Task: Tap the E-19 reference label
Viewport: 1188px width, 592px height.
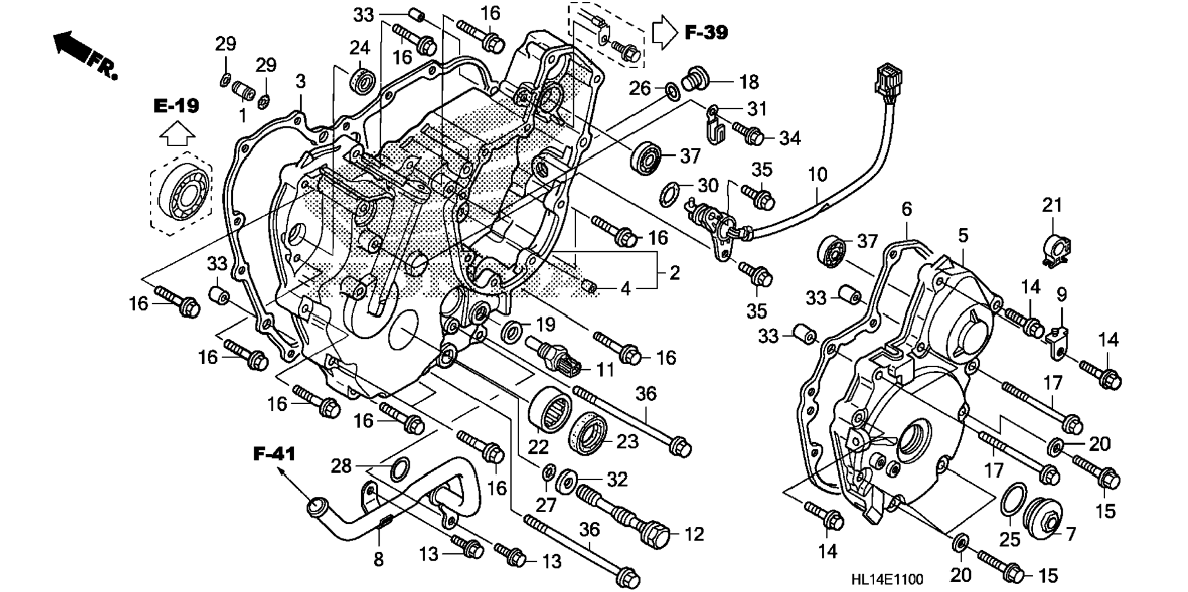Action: point(176,106)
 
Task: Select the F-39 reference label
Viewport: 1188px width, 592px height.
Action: point(706,33)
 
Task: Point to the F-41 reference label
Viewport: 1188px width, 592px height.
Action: point(274,454)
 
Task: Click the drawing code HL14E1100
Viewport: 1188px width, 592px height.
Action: point(886,579)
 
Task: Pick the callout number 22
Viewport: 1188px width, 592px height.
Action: point(538,446)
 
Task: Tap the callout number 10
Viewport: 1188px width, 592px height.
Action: point(818,175)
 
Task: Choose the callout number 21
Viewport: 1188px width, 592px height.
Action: point(1052,205)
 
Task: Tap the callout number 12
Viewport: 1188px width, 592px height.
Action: point(694,534)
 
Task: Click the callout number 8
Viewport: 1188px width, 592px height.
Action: point(378,559)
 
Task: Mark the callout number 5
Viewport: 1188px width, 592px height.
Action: point(963,235)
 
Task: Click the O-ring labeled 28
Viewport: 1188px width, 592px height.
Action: point(400,470)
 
